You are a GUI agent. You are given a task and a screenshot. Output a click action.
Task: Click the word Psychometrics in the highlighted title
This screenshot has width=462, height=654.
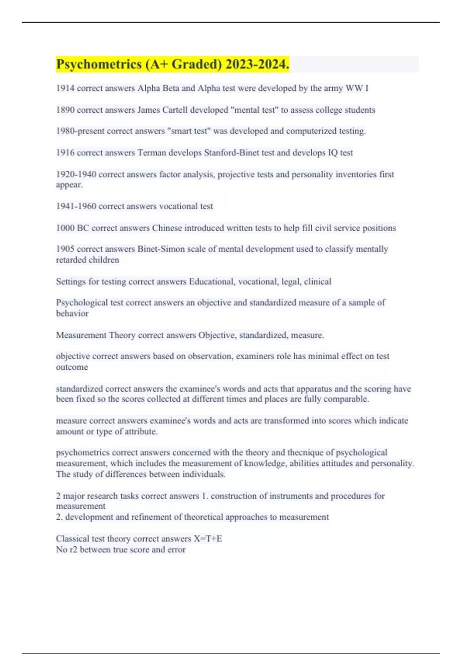(x=99, y=64)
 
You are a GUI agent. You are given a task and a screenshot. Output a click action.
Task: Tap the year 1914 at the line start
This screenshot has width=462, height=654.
(x=65, y=88)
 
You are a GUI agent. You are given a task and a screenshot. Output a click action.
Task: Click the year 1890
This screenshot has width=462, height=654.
(x=65, y=110)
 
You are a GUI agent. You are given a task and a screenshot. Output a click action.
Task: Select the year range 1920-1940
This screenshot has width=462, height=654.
(x=76, y=174)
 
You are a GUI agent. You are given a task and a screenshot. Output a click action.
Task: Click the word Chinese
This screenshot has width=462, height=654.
(x=167, y=228)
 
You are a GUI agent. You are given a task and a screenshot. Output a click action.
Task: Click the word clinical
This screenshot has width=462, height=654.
(x=318, y=282)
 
